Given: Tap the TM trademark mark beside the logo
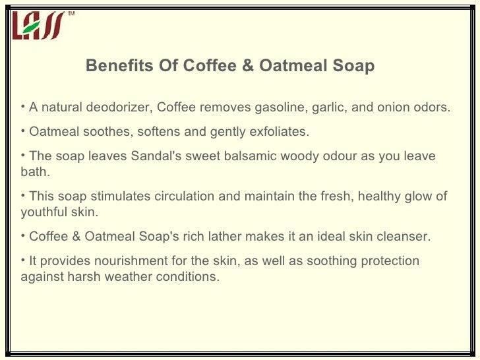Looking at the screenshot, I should pyautogui.click(x=71, y=13).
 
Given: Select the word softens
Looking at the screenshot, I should pyautogui.click(x=160, y=132).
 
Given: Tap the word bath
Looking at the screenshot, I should pyautogui.click(x=34, y=172).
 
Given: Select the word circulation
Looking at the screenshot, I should pyautogui.click(x=184, y=196).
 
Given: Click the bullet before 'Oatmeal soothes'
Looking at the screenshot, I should pyautogui.click(x=24, y=131).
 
